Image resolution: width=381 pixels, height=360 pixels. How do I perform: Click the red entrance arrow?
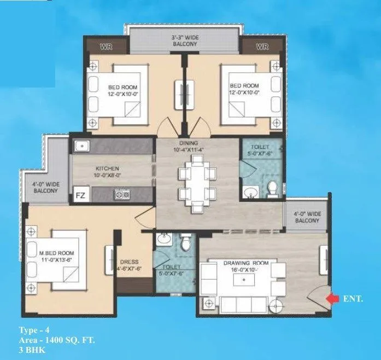(332, 298)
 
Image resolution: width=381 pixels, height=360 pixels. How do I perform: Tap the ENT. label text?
(353, 299)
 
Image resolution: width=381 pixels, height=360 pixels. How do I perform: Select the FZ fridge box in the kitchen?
(80, 194)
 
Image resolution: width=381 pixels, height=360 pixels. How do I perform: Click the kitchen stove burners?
(120, 194)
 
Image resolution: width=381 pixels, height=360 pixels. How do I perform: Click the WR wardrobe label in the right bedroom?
(262, 47)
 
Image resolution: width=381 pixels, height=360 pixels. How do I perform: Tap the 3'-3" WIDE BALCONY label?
(184, 40)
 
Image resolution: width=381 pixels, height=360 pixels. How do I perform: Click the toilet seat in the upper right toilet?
(273, 188)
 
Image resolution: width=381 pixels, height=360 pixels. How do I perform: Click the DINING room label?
(187, 143)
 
